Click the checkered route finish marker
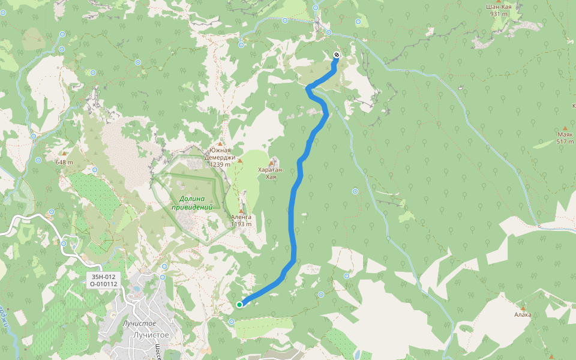pos(336,55)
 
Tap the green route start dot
pos(239,305)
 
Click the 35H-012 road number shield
pos(103,277)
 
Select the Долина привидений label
pos(193,203)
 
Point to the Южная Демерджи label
pos(220,154)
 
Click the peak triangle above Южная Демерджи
pos(220,144)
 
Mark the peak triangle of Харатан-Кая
pos(272,162)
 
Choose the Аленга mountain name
pos(241,217)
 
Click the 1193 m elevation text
pos(241,224)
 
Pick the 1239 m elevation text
pos(220,164)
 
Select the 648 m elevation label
pos(64,163)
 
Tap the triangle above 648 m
pos(64,154)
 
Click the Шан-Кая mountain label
pos(498,7)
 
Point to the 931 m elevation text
pos(498,14)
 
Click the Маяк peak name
pos(565,134)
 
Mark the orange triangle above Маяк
pos(565,127)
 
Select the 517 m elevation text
pos(565,142)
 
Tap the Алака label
pos(523,314)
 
